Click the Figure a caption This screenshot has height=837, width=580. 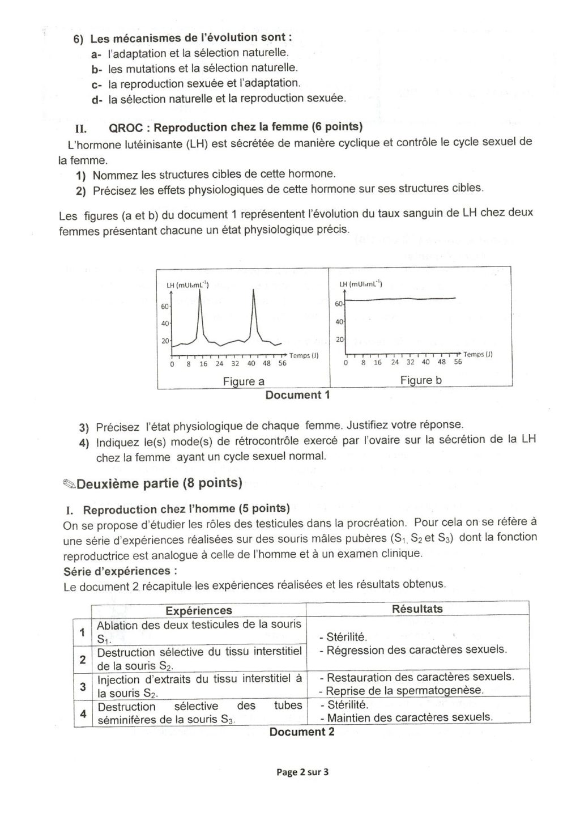[244, 381]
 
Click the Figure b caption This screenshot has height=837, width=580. [421, 380]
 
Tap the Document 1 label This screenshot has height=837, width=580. [297, 395]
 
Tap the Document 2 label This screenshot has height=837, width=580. [301, 732]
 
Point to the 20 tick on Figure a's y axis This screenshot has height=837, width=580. [166, 341]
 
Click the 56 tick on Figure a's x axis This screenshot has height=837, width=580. [282, 364]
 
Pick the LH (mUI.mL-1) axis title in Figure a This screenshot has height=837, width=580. [187, 285]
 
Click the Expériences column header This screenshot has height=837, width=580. [198, 610]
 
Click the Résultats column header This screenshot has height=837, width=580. [417, 609]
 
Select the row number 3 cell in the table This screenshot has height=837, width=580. [83, 686]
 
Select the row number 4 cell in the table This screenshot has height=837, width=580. [83, 713]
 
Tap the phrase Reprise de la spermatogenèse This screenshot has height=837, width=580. [404, 690]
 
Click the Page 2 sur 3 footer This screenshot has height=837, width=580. [302, 772]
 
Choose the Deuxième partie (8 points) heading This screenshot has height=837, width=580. [159, 483]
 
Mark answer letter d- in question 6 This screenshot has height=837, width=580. [96, 99]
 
